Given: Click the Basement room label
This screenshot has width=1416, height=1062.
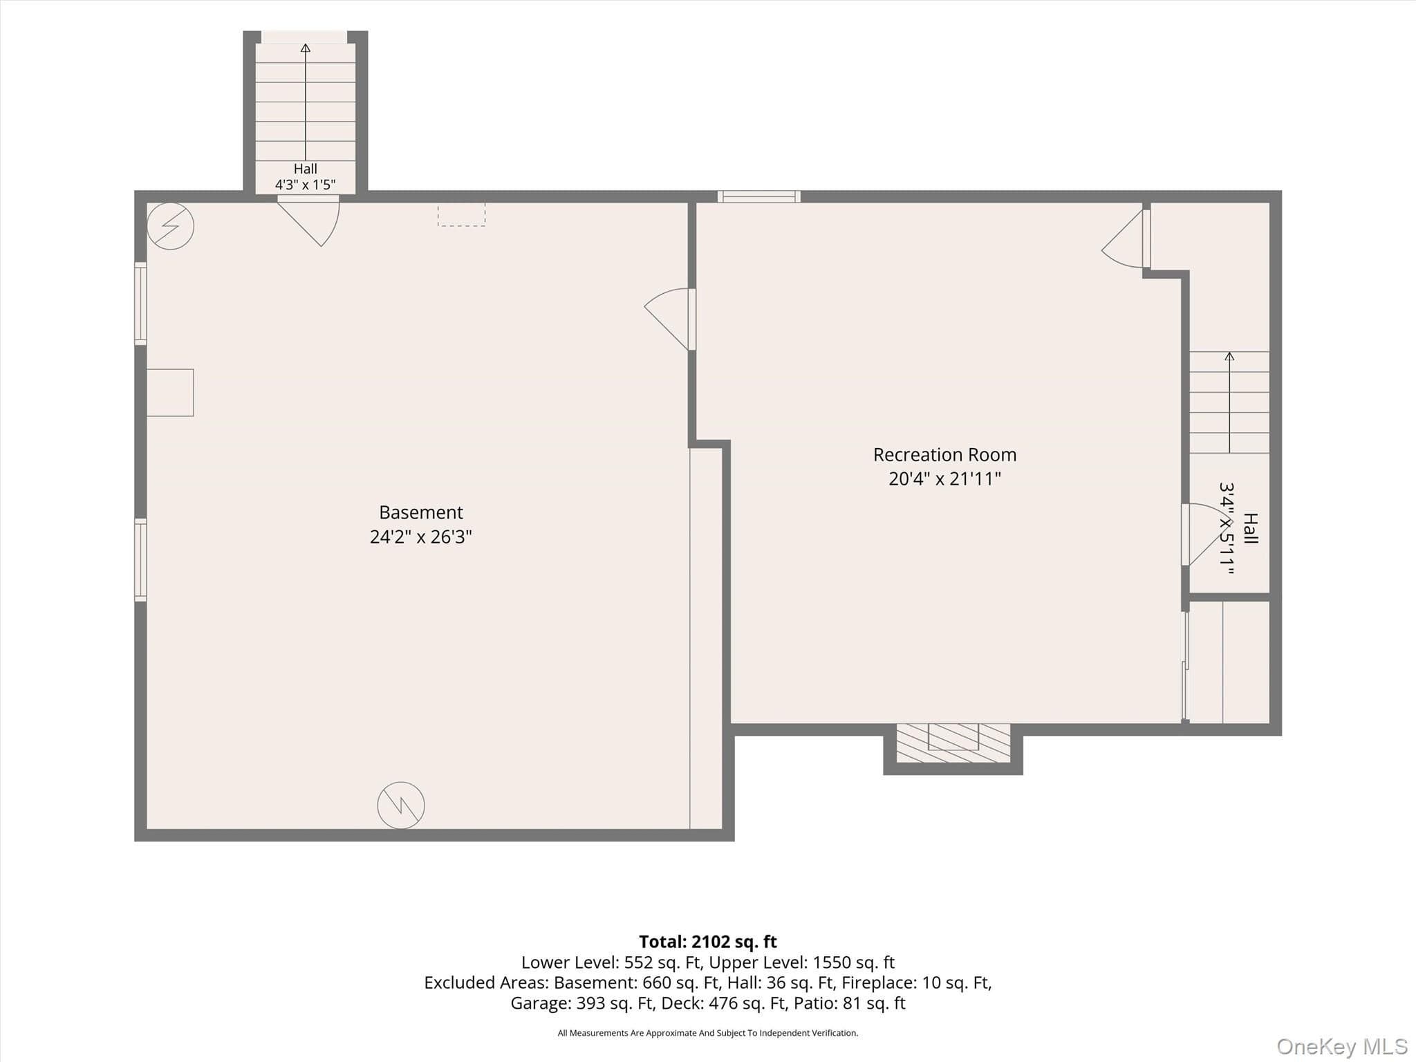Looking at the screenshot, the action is [x=420, y=512].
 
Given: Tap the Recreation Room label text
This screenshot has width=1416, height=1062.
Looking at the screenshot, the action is [x=944, y=455].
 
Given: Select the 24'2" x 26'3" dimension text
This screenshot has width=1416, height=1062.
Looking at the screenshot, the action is [x=420, y=537].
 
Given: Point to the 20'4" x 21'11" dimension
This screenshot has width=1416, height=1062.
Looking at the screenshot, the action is [x=944, y=478].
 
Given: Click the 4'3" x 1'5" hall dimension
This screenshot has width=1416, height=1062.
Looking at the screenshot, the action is [x=305, y=185].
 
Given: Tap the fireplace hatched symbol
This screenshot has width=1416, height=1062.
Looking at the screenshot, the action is [x=953, y=743].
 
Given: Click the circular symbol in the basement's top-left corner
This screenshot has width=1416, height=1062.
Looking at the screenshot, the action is [x=170, y=225].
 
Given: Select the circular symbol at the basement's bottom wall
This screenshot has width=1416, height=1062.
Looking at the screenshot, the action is [x=401, y=805].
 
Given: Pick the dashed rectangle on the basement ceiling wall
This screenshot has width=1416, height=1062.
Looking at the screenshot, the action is [x=461, y=214].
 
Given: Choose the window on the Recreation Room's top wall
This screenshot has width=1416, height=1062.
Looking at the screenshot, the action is [x=758, y=196].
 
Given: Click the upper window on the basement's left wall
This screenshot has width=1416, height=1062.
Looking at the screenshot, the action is [x=140, y=304].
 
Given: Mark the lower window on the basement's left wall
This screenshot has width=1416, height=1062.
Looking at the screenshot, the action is [x=140, y=559].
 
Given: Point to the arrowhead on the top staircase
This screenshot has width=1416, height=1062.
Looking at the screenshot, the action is [x=305, y=48].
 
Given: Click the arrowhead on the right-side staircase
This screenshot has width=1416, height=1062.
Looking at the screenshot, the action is [x=1229, y=356].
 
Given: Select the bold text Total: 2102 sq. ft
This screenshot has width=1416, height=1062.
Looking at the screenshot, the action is [x=708, y=942].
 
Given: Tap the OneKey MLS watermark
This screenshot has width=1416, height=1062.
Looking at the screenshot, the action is [x=1341, y=1046].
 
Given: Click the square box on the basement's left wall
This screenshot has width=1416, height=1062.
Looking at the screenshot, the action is [x=170, y=393].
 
